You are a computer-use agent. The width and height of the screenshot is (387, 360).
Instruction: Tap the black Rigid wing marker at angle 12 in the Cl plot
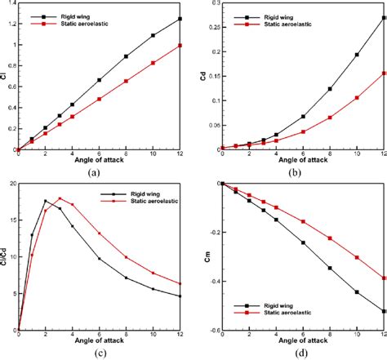click(180, 19)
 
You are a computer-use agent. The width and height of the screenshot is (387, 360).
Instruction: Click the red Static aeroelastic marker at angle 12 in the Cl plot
click(180, 46)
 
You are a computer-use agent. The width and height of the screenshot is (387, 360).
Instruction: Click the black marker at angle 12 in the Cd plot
click(384, 17)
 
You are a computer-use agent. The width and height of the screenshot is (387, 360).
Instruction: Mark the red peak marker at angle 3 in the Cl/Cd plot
click(59, 198)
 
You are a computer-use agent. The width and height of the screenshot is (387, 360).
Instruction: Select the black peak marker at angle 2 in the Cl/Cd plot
click(46, 201)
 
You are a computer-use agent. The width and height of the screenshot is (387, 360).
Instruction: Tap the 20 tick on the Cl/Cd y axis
click(11, 184)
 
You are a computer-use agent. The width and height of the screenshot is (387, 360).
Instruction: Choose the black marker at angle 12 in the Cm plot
click(384, 311)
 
